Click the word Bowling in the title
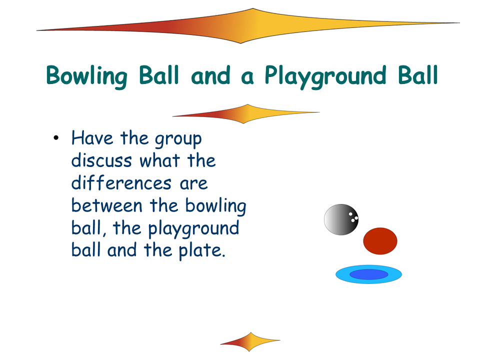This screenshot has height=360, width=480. point(86,76)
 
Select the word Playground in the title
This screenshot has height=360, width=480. point(325,77)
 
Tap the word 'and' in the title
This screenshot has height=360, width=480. point(210,75)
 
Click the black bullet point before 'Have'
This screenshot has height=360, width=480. point(55,138)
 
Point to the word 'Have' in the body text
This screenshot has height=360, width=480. point(92,138)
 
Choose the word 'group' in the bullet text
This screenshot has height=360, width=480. point(178,139)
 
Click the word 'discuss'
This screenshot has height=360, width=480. point(101,160)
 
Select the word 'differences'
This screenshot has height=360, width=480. point(121,182)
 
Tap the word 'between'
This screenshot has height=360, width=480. point(107,205)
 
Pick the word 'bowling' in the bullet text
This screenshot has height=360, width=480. point(216,206)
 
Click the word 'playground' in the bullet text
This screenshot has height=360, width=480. point(194,229)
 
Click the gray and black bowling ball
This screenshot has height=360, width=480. point(341,219)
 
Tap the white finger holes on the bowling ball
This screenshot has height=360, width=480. point(353,217)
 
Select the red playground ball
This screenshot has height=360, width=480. point(380,241)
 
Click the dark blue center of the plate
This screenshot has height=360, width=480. point(369,274)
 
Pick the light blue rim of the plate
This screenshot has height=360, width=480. point(343,274)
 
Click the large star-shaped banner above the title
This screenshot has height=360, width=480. point(248,26)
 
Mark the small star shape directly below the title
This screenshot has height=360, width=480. point(246,114)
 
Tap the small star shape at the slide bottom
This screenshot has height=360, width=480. point(250,341)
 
